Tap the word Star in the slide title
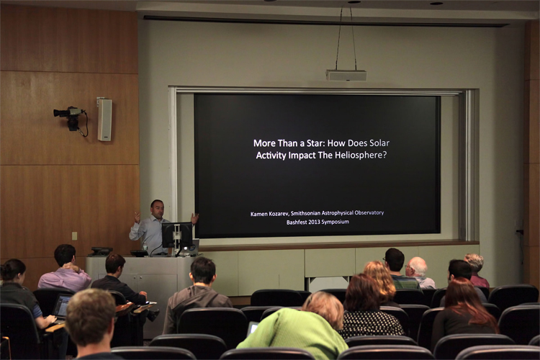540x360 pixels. click(x=315, y=143)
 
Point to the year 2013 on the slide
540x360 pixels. click(x=315, y=222)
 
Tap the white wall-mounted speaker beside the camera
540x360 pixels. click(x=104, y=120)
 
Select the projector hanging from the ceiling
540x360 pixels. click(x=346, y=75)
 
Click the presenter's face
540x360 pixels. click(x=158, y=210)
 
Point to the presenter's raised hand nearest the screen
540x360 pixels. click(x=195, y=218)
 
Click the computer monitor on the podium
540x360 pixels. click(x=176, y=235)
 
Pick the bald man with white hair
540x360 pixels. click(x=419, y=272)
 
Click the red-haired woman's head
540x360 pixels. click(x=460, y=294)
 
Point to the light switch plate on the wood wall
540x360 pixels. click(x=74, y=236)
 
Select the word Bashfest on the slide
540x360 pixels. click(x=297, y=222)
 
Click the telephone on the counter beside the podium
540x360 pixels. click(x=102, y=251)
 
